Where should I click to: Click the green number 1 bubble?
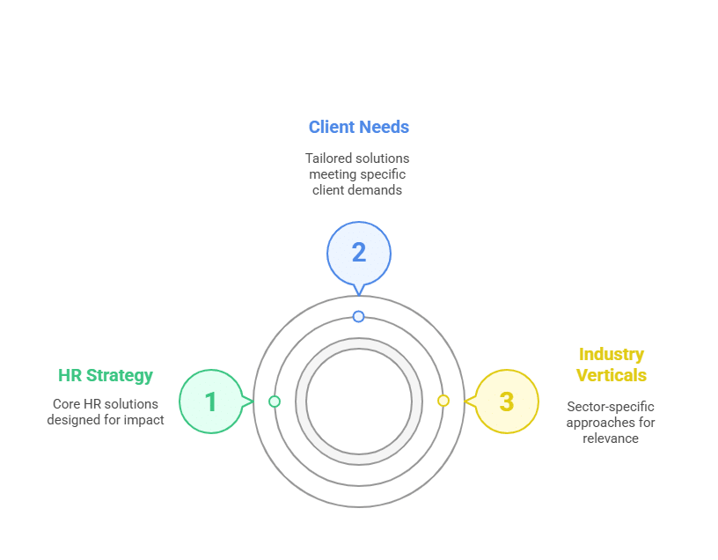click(211, 402)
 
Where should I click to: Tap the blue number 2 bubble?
click(359, 254)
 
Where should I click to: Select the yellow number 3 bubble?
click(507, 402)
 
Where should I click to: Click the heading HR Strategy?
click(106, 375)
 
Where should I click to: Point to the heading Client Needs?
click(358, 127)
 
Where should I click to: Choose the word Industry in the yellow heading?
click(612, 354)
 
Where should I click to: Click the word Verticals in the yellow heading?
click(612, 375)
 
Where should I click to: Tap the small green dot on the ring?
click(275, 402)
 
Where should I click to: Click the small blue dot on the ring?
click(358, 316)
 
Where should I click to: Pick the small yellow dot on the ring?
click(443, 401)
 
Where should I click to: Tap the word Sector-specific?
click(611, 407)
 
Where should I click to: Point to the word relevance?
click(611, 438)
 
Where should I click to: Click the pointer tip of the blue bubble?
click(359, 296)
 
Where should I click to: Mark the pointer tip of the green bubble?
click(253, 402)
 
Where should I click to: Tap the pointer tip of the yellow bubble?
click(465, 402)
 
